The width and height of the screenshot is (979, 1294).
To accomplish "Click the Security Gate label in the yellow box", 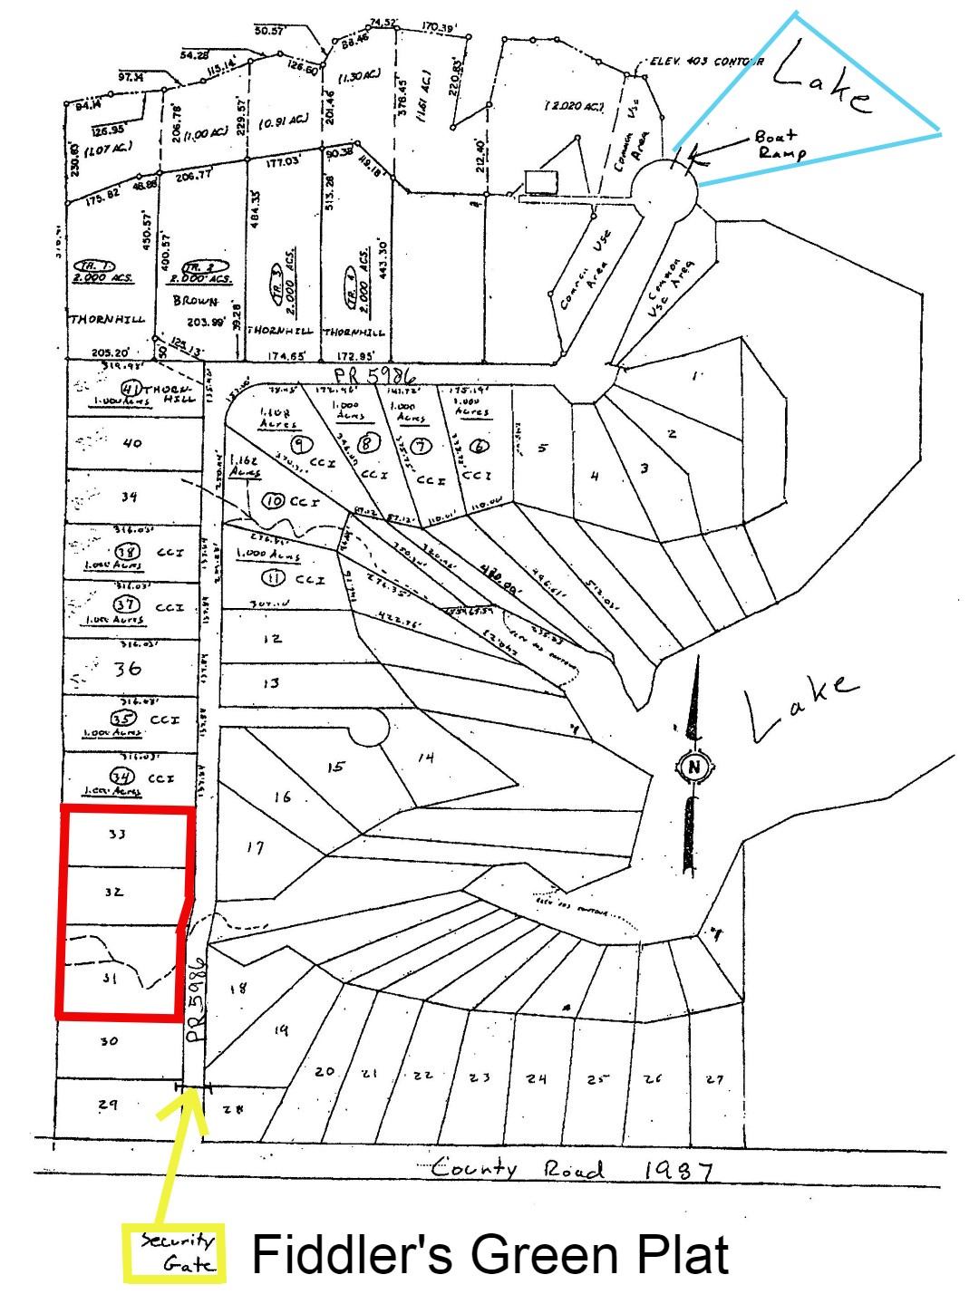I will [x=174, y=1252].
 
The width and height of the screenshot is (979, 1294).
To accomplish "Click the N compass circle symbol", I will [x=694, y=768].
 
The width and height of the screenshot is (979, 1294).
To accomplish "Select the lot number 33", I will [x=117, y=834].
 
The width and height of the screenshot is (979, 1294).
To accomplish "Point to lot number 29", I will [x=108, y=1105].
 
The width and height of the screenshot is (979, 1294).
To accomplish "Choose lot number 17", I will [x=256, y=847].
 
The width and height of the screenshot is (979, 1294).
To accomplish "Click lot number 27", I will [x=715, y=1078].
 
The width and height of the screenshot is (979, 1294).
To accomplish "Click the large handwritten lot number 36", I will [x=127, y=669].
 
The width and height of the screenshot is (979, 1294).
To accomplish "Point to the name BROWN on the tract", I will [x=196, y=301].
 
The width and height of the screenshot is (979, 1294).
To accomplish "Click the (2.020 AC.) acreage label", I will [x=574, y=106].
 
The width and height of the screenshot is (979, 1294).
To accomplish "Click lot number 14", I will [x=425, y=758].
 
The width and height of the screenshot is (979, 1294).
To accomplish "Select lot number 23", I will [x=480, y=1077].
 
